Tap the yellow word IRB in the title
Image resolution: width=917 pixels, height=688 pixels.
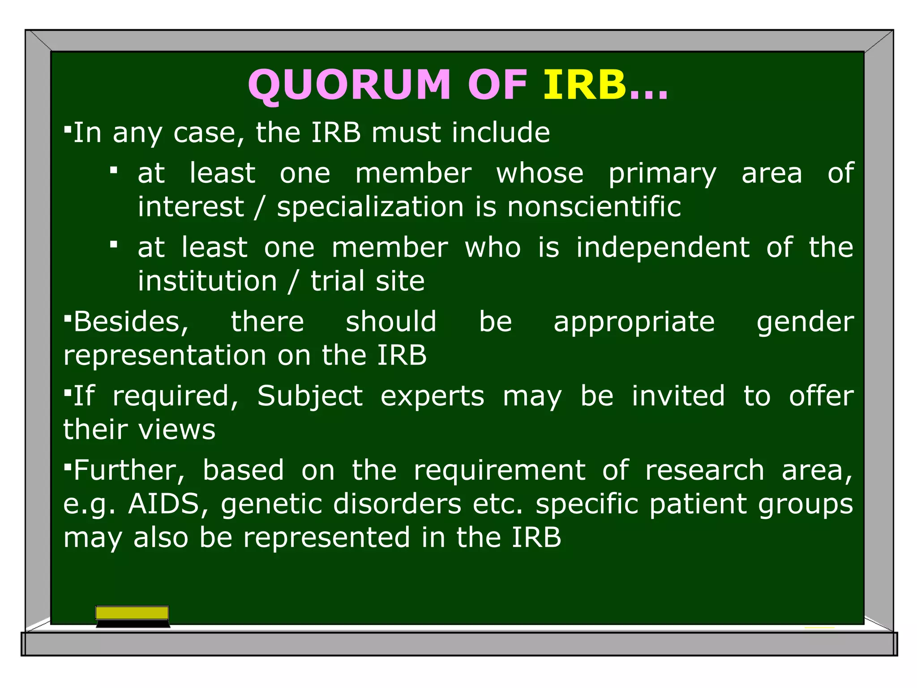[584, 85]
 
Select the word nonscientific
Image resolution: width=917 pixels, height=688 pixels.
[594, 207]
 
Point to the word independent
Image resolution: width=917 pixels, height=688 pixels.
[662, 248]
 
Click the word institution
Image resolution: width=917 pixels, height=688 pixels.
[207, 281]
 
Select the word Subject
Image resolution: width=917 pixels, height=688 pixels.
[309, 397]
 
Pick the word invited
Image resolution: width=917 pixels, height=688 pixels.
[678, 396]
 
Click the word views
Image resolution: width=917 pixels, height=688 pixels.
[177, 430]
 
